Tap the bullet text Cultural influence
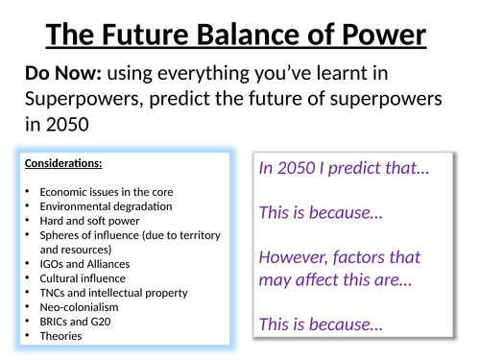click(78, 278)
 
